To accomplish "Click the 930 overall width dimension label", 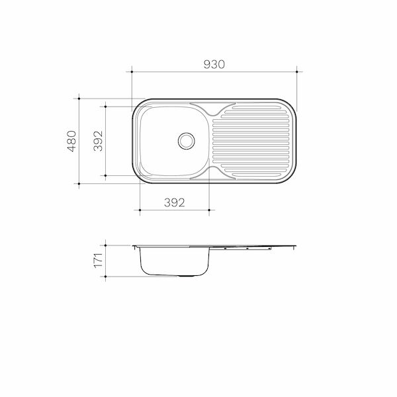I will tap(215, 64).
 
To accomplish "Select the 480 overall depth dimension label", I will tap(71, 141).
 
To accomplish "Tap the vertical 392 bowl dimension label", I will tap(98, 141).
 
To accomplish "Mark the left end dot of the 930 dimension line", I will tap(132, 72).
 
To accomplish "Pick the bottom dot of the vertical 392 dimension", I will tap(105, 175).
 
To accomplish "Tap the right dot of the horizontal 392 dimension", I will tap(209, 210).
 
